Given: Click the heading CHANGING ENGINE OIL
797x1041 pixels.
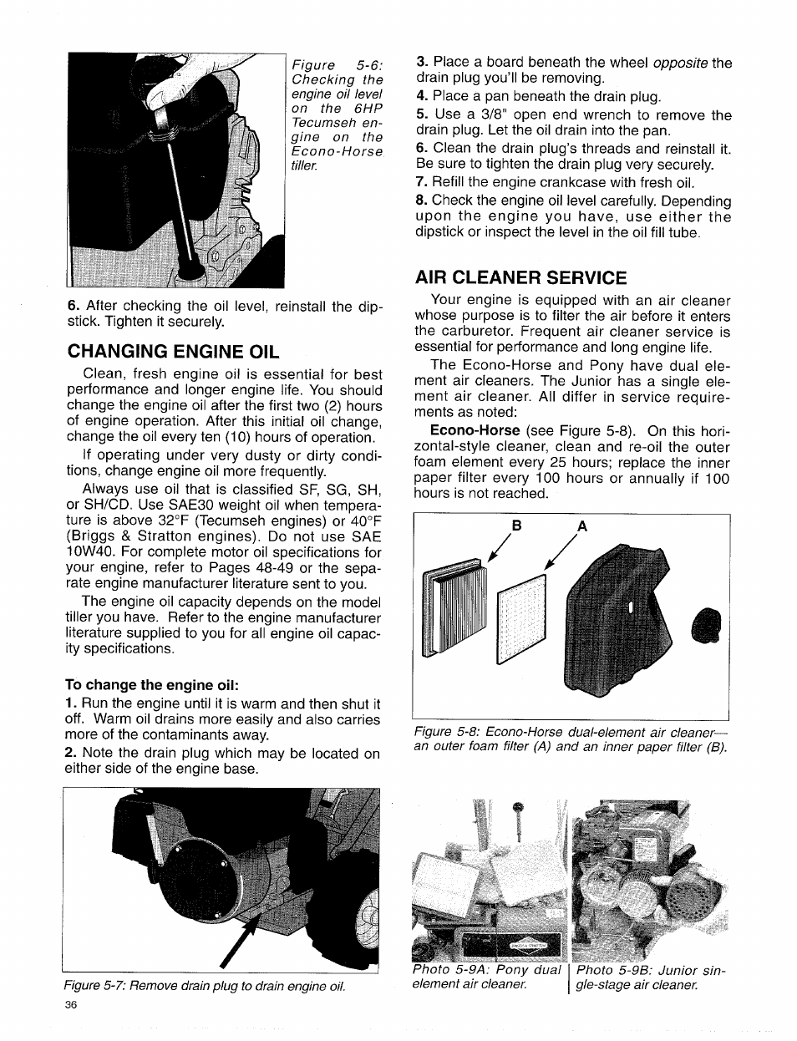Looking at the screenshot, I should tap(173, 349).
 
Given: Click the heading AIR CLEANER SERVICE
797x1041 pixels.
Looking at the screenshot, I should tap(520, 277).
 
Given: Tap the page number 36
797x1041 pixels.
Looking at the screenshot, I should tap(70, 1005).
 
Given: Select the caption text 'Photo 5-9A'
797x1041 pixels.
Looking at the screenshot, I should tap(450, 970).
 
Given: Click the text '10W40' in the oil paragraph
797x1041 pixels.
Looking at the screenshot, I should tap(89, 552).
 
